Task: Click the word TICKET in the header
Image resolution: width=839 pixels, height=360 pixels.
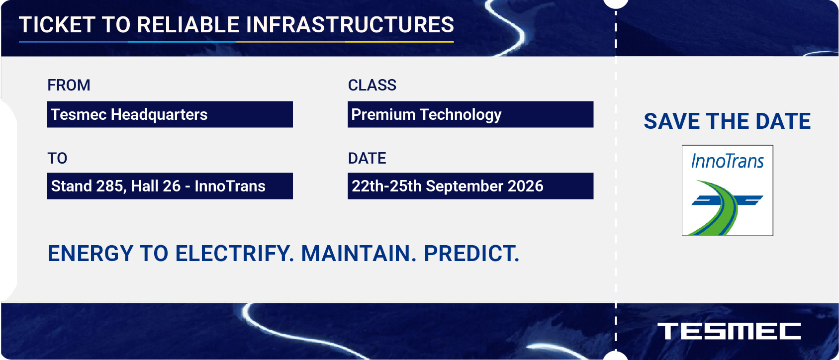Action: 57,25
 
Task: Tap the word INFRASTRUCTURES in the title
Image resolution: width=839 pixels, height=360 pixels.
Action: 350,25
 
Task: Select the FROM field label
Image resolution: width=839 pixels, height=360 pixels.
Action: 69,85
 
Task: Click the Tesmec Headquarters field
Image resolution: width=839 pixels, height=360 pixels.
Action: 170,114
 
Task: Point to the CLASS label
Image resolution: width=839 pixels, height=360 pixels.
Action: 372,85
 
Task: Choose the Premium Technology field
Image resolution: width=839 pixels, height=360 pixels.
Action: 470,114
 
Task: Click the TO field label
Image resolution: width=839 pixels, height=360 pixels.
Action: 57,158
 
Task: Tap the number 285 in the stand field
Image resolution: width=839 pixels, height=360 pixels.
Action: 110,186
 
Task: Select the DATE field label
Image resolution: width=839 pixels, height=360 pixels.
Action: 367,158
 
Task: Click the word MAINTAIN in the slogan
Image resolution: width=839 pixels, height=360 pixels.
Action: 359,253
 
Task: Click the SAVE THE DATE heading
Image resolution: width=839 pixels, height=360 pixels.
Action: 727,121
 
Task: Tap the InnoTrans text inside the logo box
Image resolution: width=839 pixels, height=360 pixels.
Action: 727,161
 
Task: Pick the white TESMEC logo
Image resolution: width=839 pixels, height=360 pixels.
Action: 729,331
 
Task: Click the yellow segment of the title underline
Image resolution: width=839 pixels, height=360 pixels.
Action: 399,42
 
